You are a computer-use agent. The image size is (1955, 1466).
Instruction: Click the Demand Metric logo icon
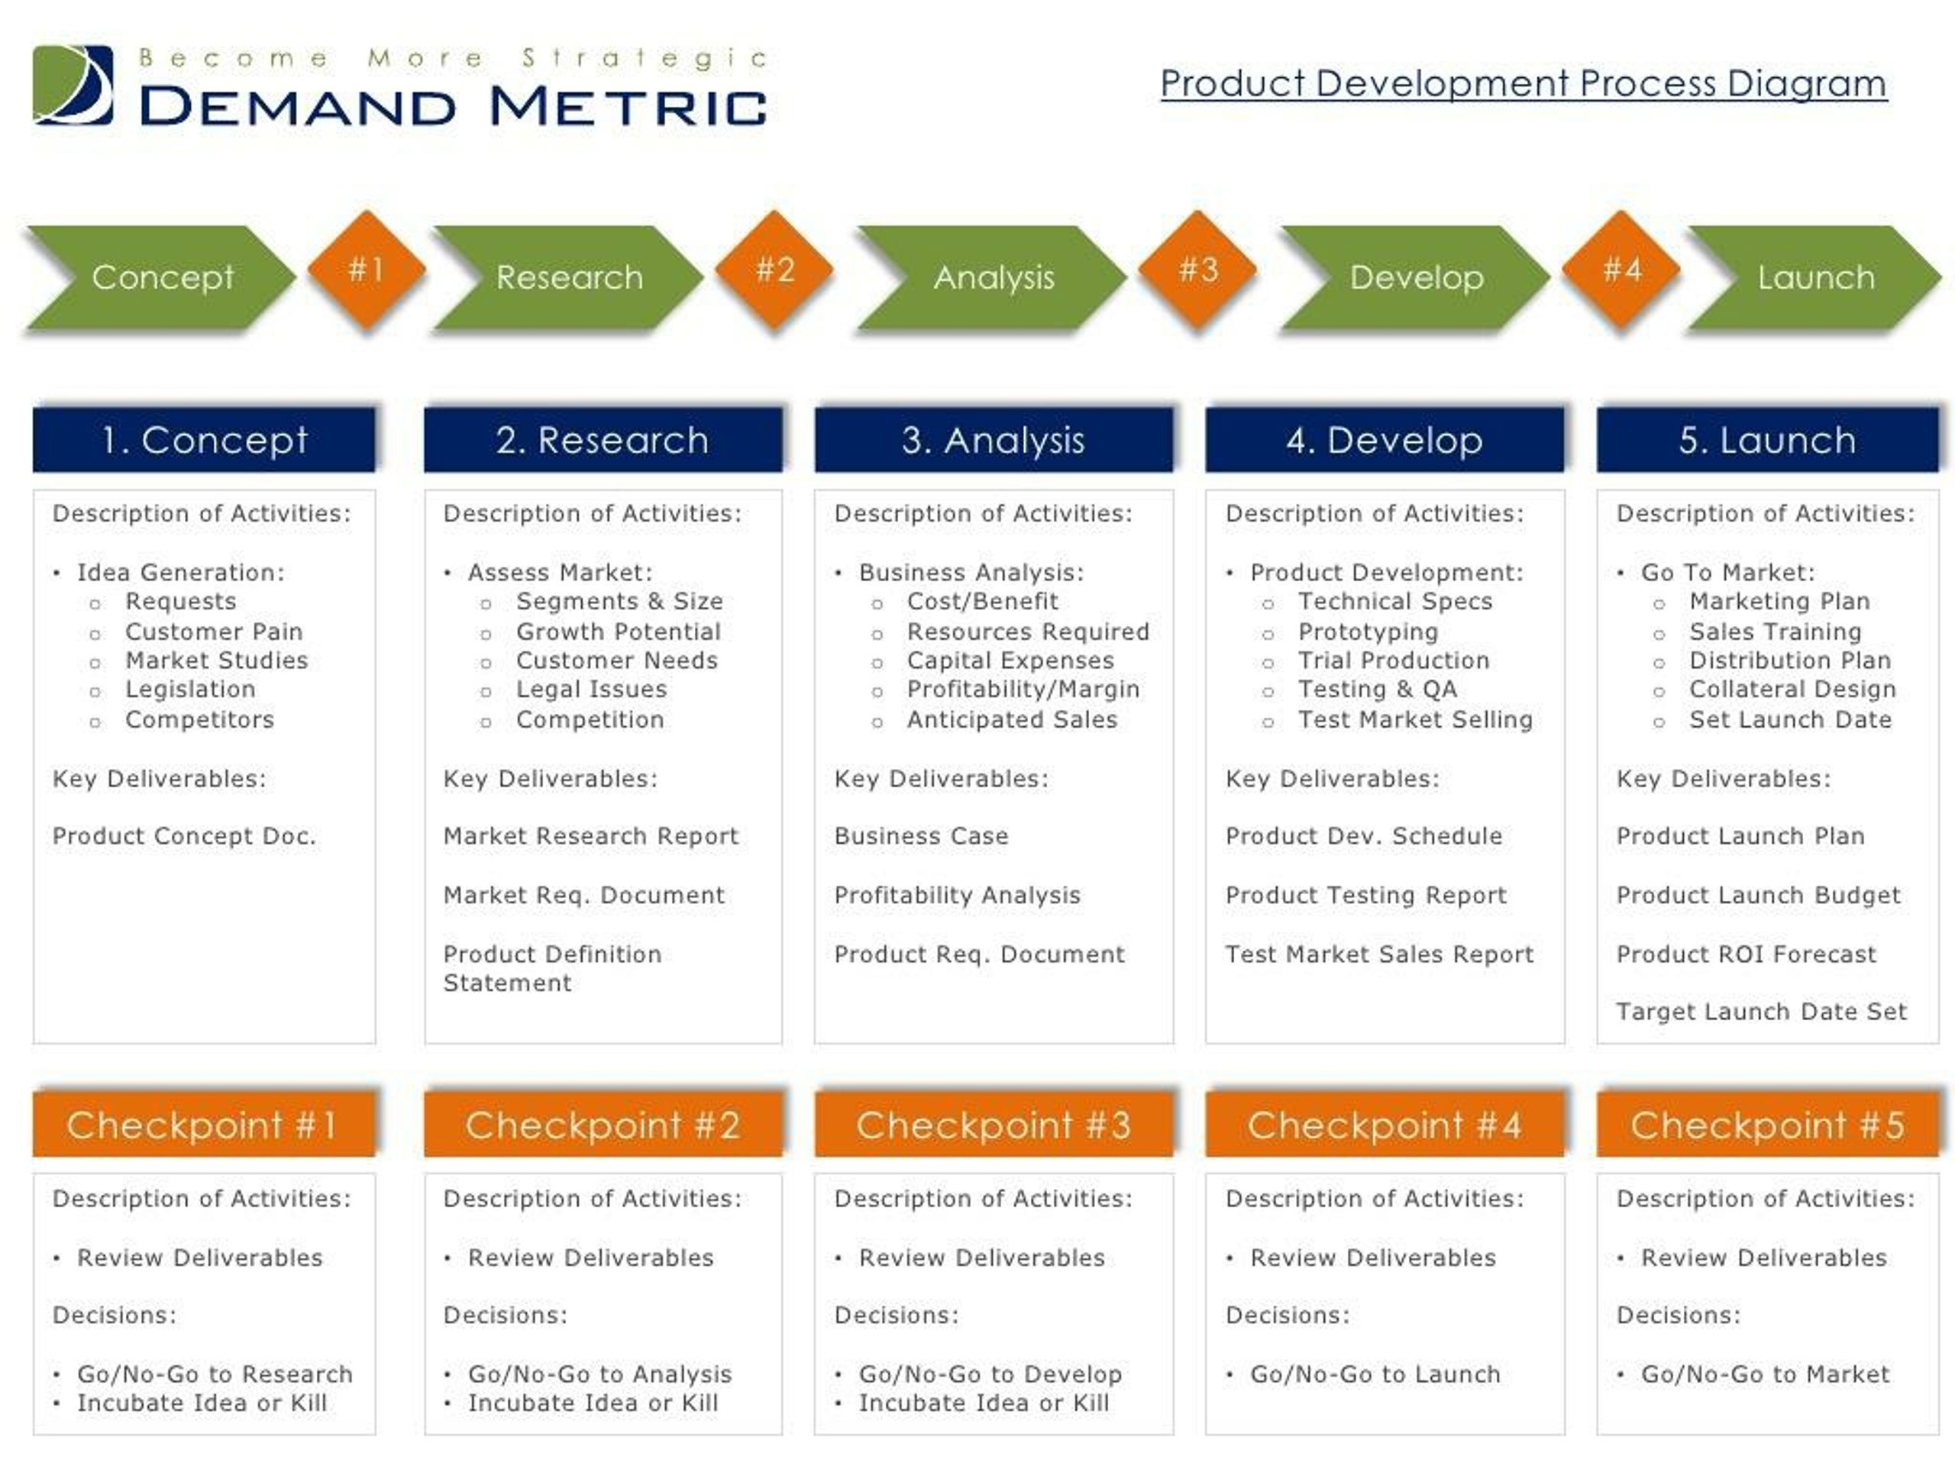73,85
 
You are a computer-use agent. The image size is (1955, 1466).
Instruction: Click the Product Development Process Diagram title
1523,84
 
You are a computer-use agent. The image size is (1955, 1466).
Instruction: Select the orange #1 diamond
367,270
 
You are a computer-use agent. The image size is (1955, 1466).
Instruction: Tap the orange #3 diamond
1197,270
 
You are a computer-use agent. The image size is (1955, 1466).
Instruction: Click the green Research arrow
568,277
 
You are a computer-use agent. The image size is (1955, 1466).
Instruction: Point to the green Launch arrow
1814,277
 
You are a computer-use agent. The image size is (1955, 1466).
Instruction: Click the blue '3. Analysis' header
994,440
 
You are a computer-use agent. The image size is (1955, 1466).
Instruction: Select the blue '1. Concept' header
204,440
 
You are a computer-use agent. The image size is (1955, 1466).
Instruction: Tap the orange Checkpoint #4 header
1384,1125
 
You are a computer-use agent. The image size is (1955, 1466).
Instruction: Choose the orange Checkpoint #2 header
603,1125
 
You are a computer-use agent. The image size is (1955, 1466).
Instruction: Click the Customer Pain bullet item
214,631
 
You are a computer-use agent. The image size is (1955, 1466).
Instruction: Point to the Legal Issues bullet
591,689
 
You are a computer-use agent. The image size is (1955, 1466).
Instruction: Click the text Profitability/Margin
1023,689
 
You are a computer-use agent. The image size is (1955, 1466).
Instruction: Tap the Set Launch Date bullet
1791,719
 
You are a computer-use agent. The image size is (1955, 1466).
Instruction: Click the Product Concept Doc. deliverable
184,836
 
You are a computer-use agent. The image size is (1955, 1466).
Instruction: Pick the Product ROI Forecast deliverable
1746,954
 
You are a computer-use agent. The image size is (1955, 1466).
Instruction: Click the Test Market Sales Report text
1378,954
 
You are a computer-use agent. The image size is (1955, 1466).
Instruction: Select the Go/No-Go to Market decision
1765,1374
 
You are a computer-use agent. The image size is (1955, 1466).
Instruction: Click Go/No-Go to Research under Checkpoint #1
215,1374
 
